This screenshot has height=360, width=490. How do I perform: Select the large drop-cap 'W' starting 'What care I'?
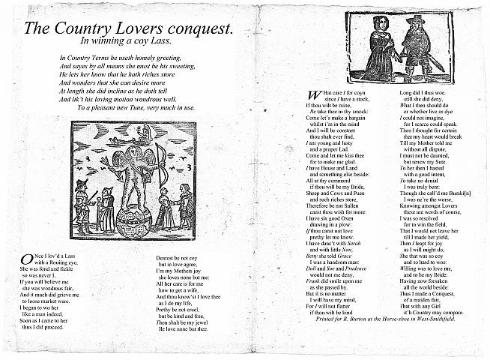coord(315,94)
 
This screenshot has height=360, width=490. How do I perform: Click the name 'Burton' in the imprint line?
coord(339,340)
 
